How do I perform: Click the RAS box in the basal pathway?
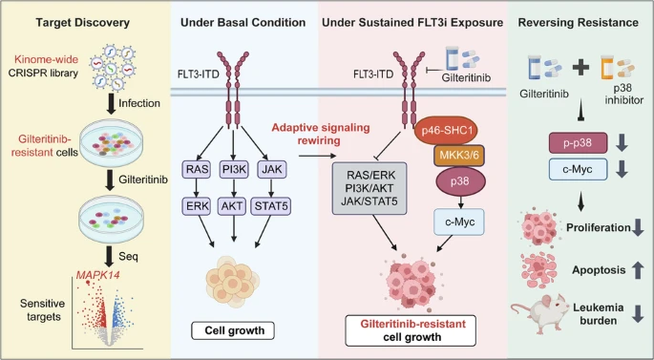pyautogui.click(x=196, y=169)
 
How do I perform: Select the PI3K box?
pyautogui.click(x=234, y=169)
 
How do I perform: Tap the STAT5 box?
pyautogui.click(x=271, y=206)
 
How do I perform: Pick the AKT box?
pyautogui.click(x=233, y=206)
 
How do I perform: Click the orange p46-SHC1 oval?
pyautogui.click(x=447, y=131)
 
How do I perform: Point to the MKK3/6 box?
pyautogui.click(x=459, y=156)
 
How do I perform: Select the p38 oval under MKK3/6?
pyautogui.click(x=460, y=181)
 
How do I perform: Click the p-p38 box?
pyautogui.click(x=578, y=143)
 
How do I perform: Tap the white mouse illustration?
pyautogui.click(x=539, y=313)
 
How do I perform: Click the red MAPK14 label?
pyautogui.click(x=97, y=275)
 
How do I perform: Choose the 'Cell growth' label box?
pyautogui.click(x=233, y=330)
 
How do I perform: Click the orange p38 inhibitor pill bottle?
pyautogui.click(x=608, y=68)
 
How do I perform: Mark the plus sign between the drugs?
pyautogui.click(x=581, y=67)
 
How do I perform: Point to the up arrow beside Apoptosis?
pyautogui.click(x=638, y=270)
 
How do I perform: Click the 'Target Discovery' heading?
pyautogui.click(x=82, y=22)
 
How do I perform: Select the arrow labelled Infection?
pyautogui.click(x=111, y=104)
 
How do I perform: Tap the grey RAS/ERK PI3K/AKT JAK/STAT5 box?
pyautogui.click(x=369, y=188)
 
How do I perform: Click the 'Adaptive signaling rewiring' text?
pyautogui.click(x=321, y=134)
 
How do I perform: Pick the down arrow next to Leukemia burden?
pyautogui.click(x=638, y=314)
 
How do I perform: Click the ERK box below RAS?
pyautogui.click(x=196, y=206)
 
